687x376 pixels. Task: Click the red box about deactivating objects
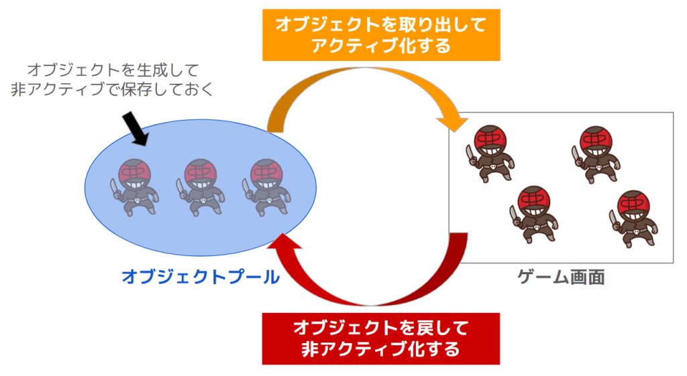point(380,338)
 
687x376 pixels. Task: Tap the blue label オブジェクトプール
point(201,277)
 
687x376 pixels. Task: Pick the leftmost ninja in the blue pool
point(135,187)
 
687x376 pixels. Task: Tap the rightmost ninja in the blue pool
point(266,187)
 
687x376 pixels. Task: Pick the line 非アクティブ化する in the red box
point(380,350)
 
